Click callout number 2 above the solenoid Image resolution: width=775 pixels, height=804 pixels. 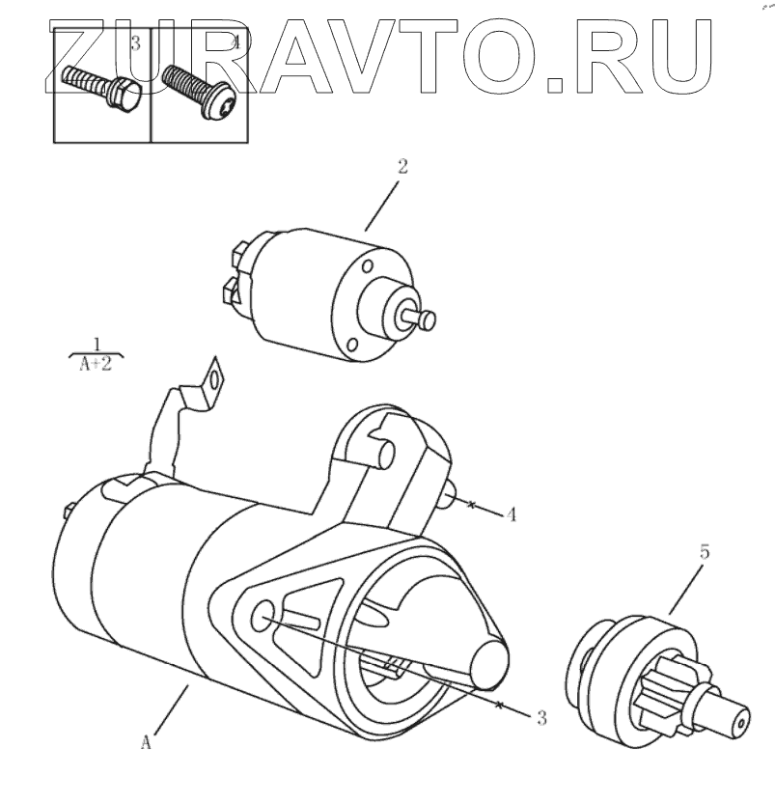pos(401,166)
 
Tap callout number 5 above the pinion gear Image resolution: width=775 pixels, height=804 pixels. pos(705,553)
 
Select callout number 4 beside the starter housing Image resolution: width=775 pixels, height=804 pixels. pos(512,514)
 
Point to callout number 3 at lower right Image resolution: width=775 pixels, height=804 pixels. pos(541,717)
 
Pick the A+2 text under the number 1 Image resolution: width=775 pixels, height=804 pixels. pos(97,367)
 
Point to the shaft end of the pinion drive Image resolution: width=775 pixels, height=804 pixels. pos(735,720)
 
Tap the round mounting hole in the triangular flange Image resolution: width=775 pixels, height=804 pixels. pos(263,616)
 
